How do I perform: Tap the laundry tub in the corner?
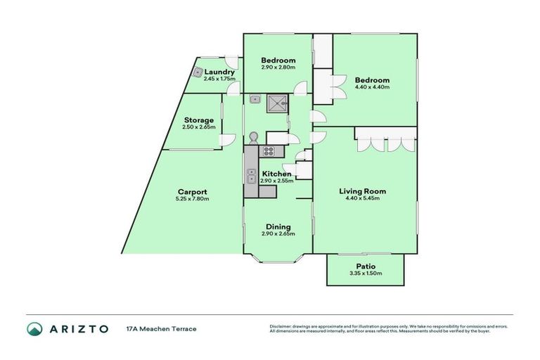[x=199, y=71]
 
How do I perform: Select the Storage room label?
[x=198, y=120]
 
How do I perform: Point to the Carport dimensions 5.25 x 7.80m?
[x=192, y=199]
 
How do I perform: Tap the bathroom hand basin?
[x=257, y=99]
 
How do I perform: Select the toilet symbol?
[x=254, y=137]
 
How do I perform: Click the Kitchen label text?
[x=276, y=174]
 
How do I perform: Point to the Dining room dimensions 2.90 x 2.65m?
[x=278, y=234]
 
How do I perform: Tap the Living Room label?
[x=362, y=191]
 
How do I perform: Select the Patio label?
[x=365, y=266]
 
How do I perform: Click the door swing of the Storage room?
[x=228, y=141]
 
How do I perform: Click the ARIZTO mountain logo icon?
[x=35, y=328]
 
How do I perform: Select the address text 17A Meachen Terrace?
[x=161, y=329]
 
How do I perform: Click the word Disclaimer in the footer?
[x=281, y=326]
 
